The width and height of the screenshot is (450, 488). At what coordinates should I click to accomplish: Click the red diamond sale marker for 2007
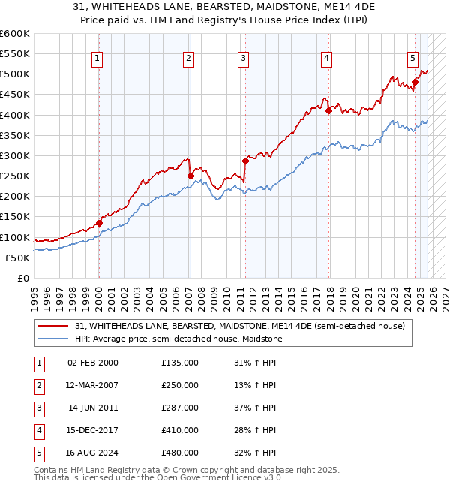(190, 176)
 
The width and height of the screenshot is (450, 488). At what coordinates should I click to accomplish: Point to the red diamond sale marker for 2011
(245, 161)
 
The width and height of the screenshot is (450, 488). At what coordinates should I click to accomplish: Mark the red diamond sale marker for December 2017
(328, 110)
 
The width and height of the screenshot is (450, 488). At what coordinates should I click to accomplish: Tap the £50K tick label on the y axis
(17, 258)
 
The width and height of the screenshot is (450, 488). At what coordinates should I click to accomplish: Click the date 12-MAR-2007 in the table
(93, 385)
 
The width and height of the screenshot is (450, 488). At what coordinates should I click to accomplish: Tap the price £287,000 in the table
(180, 408)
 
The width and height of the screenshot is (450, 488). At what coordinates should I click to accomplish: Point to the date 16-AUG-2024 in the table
(93, 453)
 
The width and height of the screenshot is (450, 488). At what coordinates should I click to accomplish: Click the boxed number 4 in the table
(38, 430)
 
